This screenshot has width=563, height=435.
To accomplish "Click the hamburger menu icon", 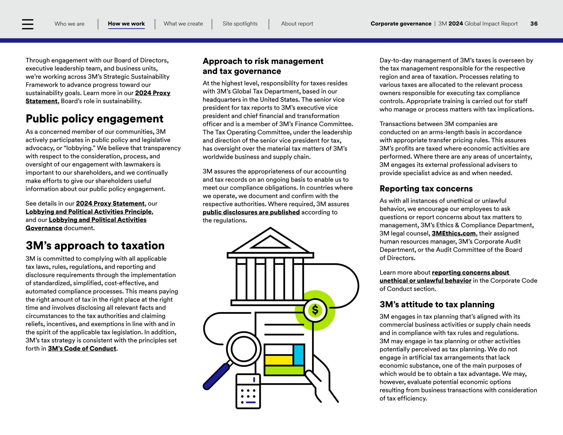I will tap(27, 24).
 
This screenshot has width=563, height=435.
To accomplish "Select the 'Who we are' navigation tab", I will tap(70, 24).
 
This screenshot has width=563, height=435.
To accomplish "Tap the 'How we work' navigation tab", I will tap(126, 24).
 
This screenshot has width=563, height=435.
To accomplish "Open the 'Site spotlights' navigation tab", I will tap(240, 24).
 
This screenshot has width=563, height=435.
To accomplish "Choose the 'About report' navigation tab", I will tap(297, 24).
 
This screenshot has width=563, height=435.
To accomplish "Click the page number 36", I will tap(534, 24).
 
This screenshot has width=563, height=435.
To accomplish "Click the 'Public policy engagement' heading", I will tap(94, 119).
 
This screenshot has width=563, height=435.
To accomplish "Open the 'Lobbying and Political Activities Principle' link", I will tap(89, 212).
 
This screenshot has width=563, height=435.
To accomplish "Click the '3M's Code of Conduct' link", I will tap(82, 349).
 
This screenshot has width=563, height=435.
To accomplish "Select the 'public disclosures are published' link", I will tap(251, 212).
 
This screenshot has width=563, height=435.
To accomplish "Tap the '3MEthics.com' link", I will tap(453, 233).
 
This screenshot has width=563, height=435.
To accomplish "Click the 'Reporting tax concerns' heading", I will tap(426, 189).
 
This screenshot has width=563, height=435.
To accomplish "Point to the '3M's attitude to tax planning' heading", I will tap(437, 305).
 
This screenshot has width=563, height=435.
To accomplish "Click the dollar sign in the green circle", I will tap(315, 310).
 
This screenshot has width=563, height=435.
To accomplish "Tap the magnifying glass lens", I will tap(244, 349).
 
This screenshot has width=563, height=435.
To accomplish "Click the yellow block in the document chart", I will tap(278, 360).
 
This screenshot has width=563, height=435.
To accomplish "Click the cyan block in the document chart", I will tap(299, 355).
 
